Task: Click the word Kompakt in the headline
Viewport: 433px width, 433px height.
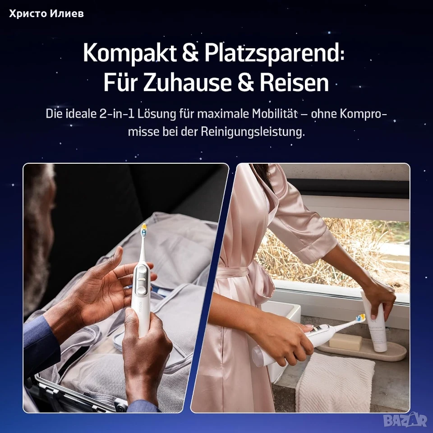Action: click(x=130, y=53)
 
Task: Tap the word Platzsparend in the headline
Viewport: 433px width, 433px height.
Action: click(x=274, y=53)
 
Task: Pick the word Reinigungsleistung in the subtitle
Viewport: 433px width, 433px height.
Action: click(x=253, y=132)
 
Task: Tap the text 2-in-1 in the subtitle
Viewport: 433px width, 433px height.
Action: click(x=117, y=114)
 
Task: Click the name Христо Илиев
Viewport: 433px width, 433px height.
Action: click(x=46, y=13)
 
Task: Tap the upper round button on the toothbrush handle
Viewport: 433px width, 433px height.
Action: click(x=142, y=270)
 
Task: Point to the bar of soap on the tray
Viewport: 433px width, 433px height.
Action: click(x=345, y=342)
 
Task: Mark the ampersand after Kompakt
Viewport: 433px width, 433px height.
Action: click(x=190, y=53)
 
